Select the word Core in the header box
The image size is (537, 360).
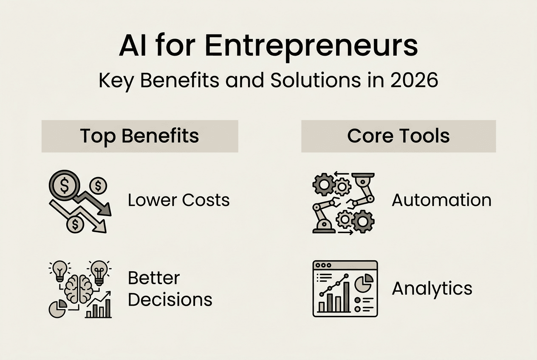click(368, 136)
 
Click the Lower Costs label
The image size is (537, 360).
click(178, 200)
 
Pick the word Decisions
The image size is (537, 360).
click(170, 299)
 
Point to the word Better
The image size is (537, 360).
click(154, 278)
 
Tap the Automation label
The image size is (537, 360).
click(441, 200)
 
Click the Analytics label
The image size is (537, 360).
click(432, 289)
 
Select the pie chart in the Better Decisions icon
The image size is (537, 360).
click(57, 309)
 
